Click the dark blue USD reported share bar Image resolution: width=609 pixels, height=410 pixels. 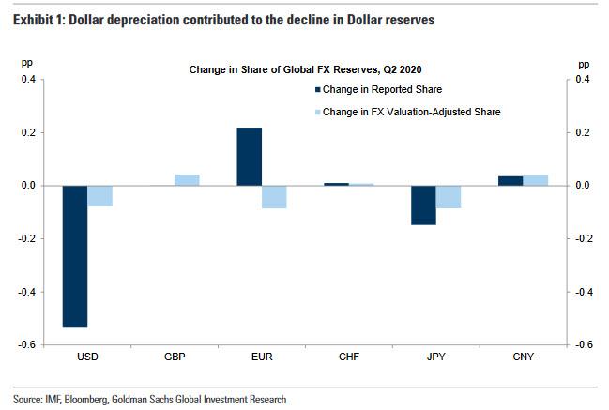pyautogui.click(x=75, y=256)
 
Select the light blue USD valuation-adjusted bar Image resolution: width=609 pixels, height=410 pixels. pyautogui.click(x=100, y=195)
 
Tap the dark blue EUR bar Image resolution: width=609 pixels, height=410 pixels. pyautogui.click(x=249, y=157)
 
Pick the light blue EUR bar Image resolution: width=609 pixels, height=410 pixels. pyautogui.click(x=274, y=196)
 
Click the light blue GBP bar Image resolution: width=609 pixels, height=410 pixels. pyautogui.click(x=187, y=180)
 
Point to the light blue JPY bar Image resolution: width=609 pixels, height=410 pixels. pyautogui.click(x=448, y=196)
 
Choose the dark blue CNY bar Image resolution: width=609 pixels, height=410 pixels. pyautogui.click(x=510, y=180)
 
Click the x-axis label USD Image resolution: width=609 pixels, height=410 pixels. pyautogui.click(x=88, y=357)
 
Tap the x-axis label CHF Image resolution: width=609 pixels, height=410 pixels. pyautogui.click(x=348, y=357)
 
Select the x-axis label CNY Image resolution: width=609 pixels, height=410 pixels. pyautogui.click(x=522, y=357)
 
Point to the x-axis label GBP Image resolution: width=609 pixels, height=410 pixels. pyautogui.click(x=175, y=357)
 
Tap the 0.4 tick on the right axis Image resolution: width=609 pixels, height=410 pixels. pyautogui.click(x=584, y=80)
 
